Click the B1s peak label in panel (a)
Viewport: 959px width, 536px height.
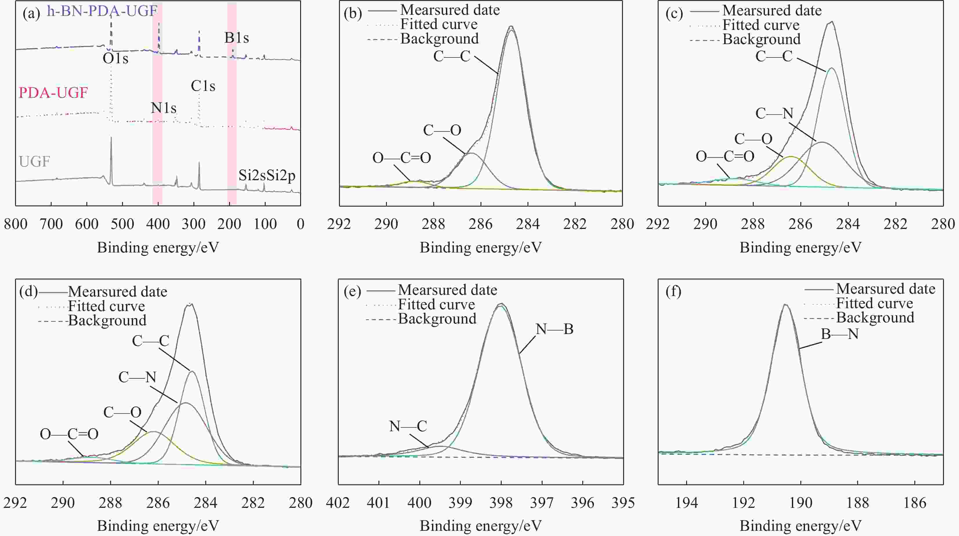click(236, 38)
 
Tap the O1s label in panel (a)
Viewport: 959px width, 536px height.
click(115, 59)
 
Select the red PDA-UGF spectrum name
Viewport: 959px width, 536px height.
click(53, 92)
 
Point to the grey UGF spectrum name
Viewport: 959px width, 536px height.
click(34, 162)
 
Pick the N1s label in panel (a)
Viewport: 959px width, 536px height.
click(164, 108)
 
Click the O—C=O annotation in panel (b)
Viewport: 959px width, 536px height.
click(402, 158)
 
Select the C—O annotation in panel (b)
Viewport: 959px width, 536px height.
click(442, 130)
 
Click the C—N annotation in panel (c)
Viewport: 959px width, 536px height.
click(774, 113)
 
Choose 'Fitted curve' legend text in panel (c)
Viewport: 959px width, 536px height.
click(761, 25)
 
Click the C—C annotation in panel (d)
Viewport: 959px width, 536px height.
click(151, 340)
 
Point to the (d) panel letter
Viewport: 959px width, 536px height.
click(28, 291)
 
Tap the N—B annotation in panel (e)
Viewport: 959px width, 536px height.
click(554, 329)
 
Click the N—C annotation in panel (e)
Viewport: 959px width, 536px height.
click(408, 426)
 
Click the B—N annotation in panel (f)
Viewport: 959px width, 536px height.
click(840, 334)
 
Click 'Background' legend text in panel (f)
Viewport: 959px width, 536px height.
click(875, 317)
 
